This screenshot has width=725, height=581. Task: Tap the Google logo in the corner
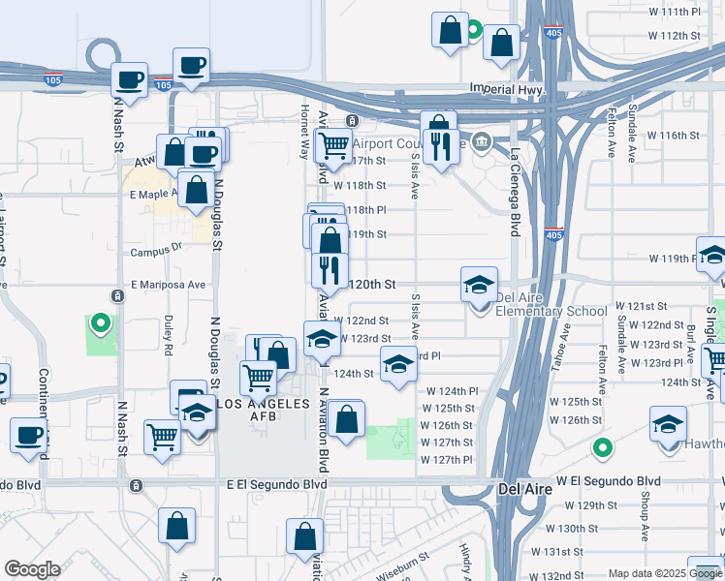pyautogui.click(x=32, y=569)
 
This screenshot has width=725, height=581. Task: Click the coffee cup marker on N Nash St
pyautogui.click(x=128, y=80)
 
